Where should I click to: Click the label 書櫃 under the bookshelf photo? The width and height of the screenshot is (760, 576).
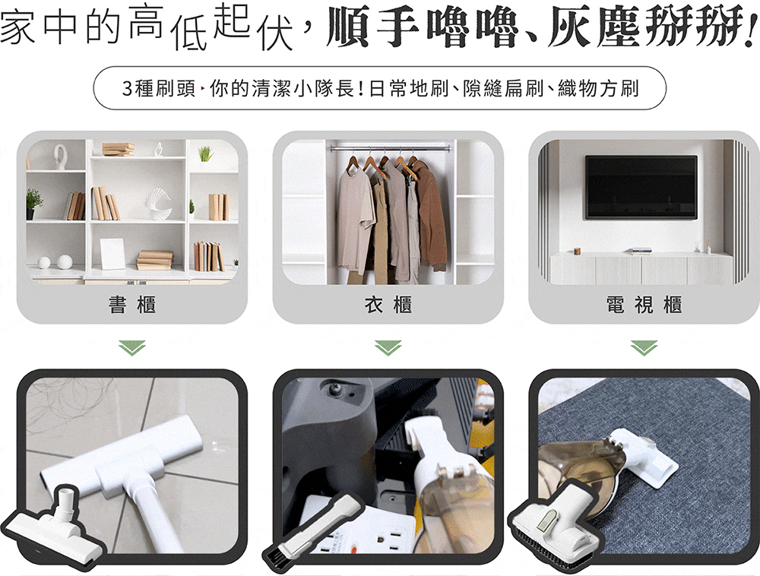click(x=131, y=305)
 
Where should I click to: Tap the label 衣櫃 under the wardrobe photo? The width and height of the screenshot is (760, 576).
click(x=388, y=305)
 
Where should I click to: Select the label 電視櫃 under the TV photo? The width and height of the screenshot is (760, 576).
click(x=644, y=305)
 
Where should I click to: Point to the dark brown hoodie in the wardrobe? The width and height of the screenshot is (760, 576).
click(x=432, y=214)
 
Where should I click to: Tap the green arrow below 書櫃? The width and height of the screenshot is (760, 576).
click(x=131, y=348)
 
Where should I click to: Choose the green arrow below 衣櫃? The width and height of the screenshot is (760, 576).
click(x=388, y=348)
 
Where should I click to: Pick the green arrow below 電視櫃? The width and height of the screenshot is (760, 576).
click(x=644, y=348)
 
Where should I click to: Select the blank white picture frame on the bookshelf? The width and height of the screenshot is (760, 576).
click(x=112, y=254)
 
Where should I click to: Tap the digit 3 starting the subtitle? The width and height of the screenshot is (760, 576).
click(x=127, y=89)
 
